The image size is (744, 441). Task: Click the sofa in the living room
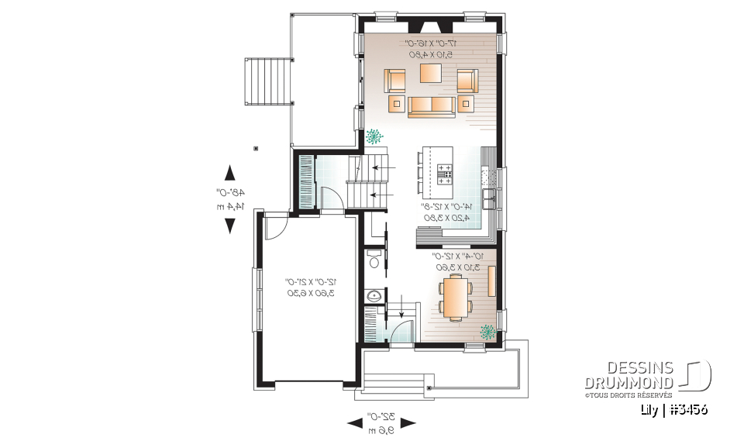pyautogui.click(x=431, y=106)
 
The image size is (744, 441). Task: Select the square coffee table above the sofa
pyautogui.click(x=431, y=73)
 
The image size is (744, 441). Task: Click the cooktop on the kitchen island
pyautogui.click(x=445, y=171)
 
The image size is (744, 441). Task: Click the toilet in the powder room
pyautogui.click(x=374, y=260)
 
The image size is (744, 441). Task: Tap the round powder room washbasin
pyautogui.click(x=374, y=295)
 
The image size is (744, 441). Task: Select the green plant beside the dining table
pyautogui.click(x=487, y=332)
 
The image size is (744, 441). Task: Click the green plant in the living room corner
pyautogui.click(x=374, y=136)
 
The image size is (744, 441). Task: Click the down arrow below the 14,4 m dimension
pyautogui.click(x=230, y=226)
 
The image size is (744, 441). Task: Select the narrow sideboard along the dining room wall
pyautogui.click(x=492, y=280)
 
